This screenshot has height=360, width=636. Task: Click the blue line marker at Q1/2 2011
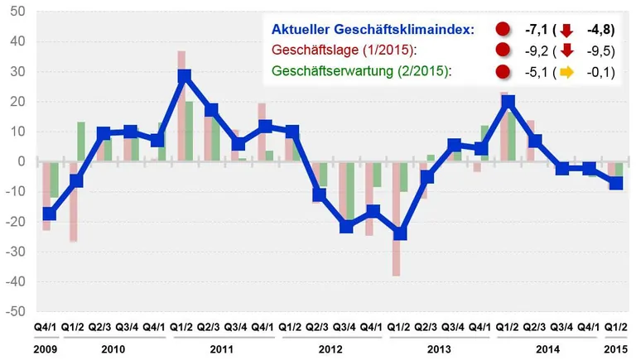(185, 76)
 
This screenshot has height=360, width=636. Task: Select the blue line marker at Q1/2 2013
(401, 233)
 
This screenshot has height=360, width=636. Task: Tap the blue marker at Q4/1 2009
(50, 214)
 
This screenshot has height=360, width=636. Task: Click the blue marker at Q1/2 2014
(508, 102)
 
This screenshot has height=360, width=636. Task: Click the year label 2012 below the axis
(330, 348)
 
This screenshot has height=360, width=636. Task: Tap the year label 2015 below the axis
(616, 348)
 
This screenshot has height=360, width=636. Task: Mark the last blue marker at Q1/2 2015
(616, 183)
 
